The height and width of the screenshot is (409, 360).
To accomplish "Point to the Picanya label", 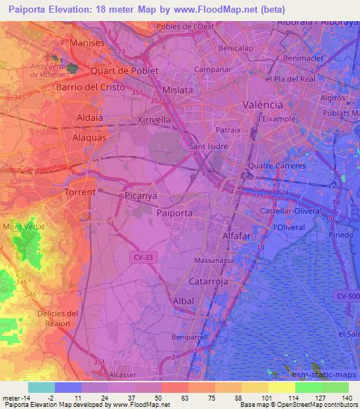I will pos(141,196).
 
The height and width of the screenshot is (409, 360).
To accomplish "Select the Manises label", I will pos(87,43).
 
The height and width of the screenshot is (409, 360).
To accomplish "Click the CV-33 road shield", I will pos(143,258).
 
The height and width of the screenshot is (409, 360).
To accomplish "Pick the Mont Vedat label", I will pos(22,226).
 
